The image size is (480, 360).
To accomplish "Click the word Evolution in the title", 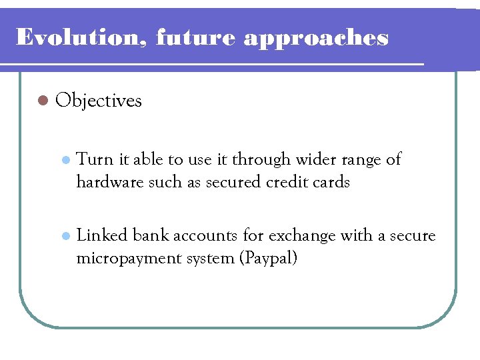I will [81, 37].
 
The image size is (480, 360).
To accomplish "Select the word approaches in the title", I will [315, 39].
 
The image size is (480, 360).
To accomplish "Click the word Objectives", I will [99, 101].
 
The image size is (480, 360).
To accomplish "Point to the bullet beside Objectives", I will [43, 101].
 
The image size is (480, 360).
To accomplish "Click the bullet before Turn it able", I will [65, 160].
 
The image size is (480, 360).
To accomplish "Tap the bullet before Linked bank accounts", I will [65, 236].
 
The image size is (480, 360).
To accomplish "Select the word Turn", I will [95, 159].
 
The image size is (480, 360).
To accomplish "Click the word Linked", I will [103, 235].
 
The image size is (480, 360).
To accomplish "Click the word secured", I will [231, 182].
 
